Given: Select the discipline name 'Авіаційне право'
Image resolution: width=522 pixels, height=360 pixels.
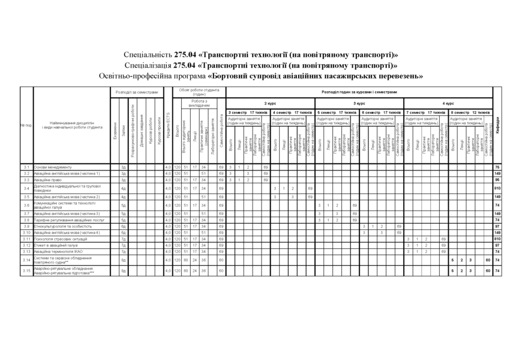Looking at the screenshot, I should click(48, 179).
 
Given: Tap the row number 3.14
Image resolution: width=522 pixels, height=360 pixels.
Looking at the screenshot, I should click(26, 260).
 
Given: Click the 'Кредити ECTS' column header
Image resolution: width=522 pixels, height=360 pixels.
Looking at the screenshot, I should click(169, 126).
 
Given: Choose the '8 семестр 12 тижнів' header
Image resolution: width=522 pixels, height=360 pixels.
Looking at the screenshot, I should click(471, 112).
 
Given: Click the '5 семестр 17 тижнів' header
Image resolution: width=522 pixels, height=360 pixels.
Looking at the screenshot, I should click(337, 112).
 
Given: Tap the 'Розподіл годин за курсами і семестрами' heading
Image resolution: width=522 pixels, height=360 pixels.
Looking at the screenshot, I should click(359, 92).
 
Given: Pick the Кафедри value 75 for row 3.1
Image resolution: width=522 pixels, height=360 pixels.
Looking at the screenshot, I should click(497, 166).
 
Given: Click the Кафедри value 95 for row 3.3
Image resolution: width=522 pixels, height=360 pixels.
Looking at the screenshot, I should click(497, 179).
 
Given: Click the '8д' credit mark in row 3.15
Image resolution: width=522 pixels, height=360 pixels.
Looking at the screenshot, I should click(124, 271).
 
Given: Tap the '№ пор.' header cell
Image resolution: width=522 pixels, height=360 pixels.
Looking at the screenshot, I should click(26, 125).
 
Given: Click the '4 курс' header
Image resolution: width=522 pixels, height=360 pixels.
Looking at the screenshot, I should click(449, 103).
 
